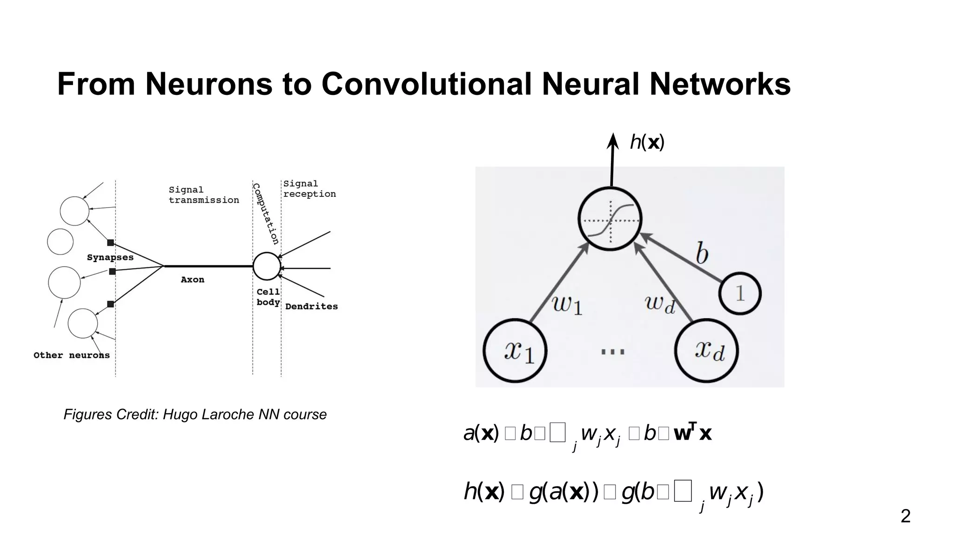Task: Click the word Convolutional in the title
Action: point(426,84)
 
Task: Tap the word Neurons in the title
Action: point(208,84)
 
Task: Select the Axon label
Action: point(193,280)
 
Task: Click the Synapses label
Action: point(110,257)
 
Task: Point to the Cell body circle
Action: point(267,266)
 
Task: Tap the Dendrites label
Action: point(311,306)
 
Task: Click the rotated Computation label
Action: point(266,214)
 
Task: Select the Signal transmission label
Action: point(204,195)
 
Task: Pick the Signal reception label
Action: point(309,189)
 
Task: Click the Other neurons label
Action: point(72,355)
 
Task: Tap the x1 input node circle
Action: point(515,350)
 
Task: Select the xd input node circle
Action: point(706,350)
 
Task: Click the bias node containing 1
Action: point(740,294)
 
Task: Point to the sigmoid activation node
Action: point(610,219)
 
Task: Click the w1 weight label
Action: point(567,305)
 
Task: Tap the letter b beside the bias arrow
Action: point(702,254)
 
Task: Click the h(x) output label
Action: point(647,142)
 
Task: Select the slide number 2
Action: point(905,516)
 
